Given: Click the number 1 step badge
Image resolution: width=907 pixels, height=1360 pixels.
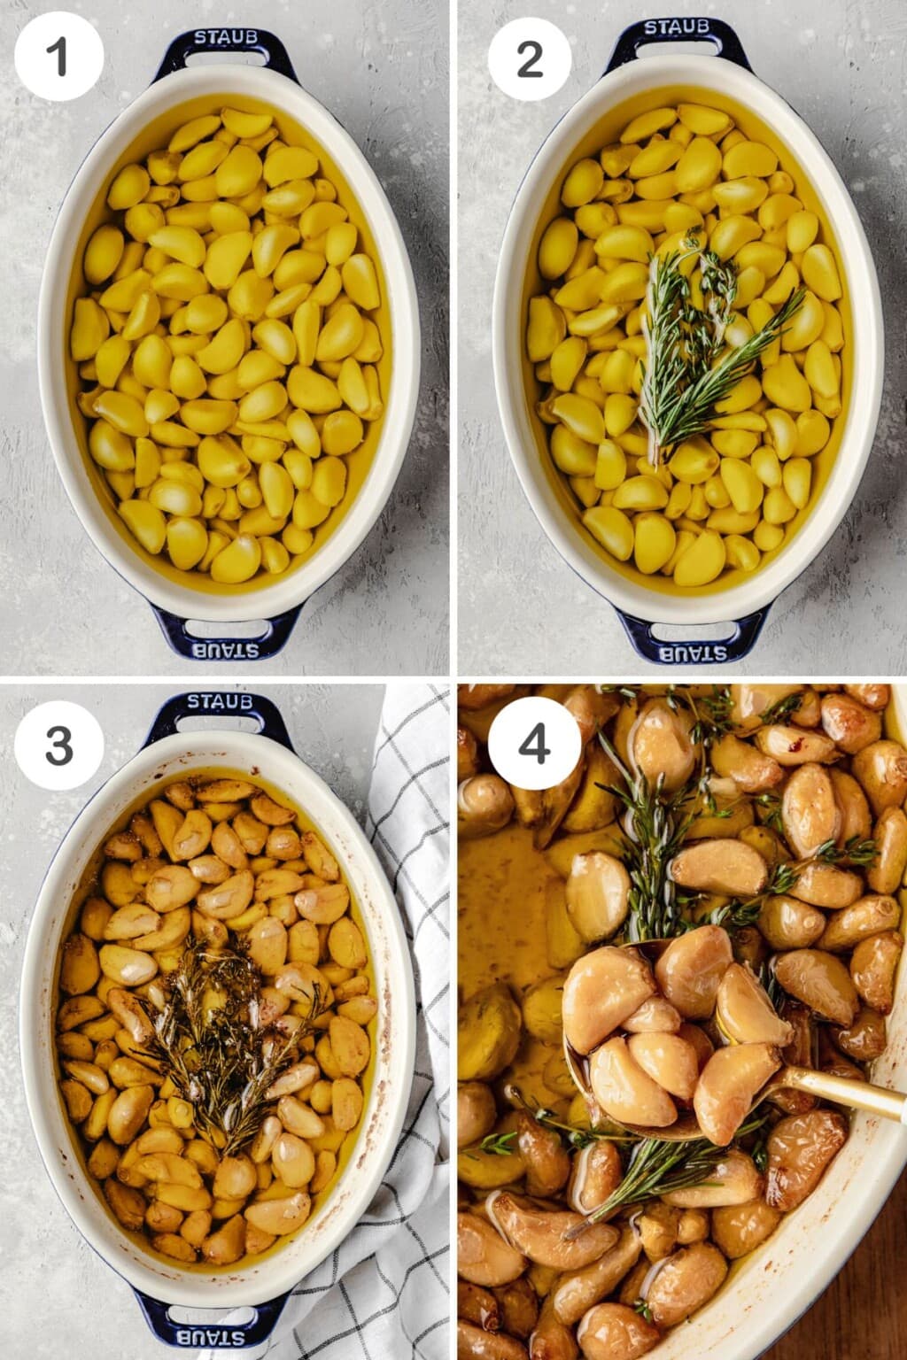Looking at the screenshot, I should coord(58,58).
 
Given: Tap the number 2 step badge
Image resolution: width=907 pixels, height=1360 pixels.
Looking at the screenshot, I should coord(530,58).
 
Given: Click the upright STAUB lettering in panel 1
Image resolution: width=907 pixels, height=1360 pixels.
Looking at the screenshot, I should coord(226,37).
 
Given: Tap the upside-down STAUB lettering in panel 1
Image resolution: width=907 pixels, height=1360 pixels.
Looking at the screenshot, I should coord(226,650).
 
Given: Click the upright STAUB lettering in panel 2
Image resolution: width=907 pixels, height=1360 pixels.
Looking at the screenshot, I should coord(676,27).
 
